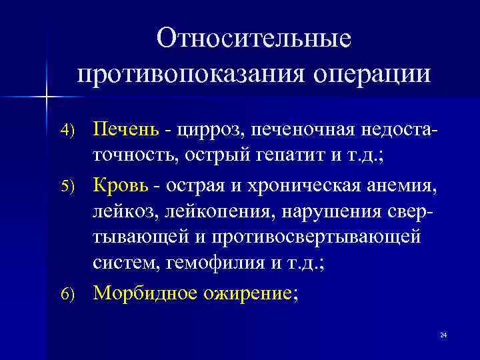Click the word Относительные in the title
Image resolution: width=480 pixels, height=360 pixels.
coord(253,38)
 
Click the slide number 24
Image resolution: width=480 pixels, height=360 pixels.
coord(443,334)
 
